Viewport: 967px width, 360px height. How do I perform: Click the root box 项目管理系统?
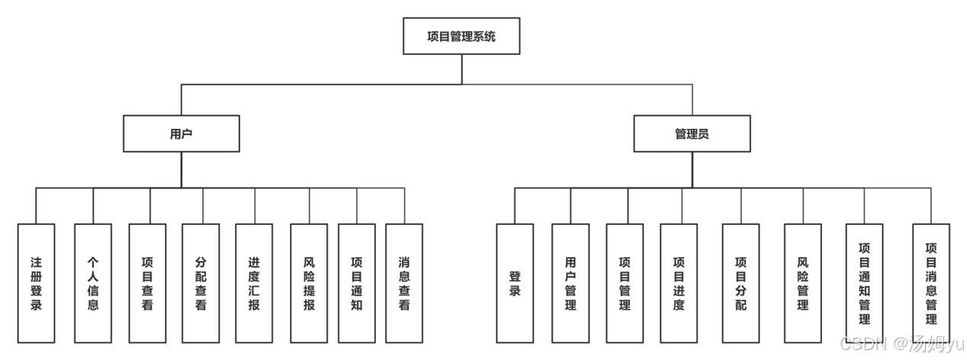461,36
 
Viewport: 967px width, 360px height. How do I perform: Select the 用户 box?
182,133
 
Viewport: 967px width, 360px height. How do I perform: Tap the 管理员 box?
692,133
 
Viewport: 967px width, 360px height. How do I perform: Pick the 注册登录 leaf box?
36,283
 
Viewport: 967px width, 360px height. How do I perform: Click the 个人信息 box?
93,283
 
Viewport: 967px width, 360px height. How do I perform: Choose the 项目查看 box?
148,283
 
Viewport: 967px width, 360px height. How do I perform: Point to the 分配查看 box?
201,283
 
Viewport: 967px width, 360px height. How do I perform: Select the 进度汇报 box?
254,283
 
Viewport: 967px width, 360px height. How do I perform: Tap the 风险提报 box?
309,283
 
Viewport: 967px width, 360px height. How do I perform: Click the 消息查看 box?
404,283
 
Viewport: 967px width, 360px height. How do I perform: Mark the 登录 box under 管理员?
515,283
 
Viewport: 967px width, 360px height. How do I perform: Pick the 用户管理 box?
570,283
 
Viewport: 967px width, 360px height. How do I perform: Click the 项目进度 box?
679,283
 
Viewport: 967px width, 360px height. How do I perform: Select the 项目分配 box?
741,283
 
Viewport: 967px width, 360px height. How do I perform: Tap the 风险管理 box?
802,283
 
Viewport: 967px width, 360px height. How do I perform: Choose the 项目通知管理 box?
864,283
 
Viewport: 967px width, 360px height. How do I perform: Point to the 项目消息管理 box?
931,283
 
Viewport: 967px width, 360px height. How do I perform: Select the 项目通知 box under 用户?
356,283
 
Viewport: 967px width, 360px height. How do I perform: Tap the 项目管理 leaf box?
625,283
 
